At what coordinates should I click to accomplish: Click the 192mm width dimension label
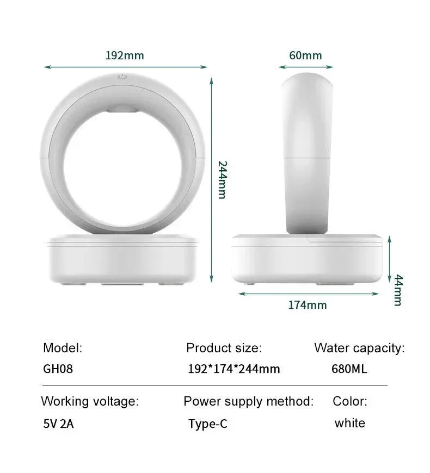(125, 55)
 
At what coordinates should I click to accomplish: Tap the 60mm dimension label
(305, 55)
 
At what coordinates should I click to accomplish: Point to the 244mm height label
(222, 179)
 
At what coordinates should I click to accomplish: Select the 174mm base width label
(308, 305)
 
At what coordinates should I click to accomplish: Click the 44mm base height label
(398, 290)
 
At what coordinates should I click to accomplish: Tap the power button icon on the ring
(122, 77)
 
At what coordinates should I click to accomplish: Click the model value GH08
(58, 369)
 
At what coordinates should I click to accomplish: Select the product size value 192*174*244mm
(234, 369)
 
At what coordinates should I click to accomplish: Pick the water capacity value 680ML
(349, 369)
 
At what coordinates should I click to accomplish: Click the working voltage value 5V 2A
(58, 424)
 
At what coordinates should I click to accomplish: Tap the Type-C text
(207, 424)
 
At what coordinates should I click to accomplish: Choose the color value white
(350, 423)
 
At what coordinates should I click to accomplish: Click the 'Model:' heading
(63, 348)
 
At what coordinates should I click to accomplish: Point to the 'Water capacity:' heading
(359, 348)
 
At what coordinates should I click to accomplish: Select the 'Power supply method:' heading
(248, 402)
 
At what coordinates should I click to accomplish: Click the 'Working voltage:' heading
(90, 402)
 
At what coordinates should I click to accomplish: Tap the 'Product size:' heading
(224, 348)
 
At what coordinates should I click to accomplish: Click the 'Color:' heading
(350, 402)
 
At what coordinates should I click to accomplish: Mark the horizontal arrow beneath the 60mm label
(306, 67)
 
